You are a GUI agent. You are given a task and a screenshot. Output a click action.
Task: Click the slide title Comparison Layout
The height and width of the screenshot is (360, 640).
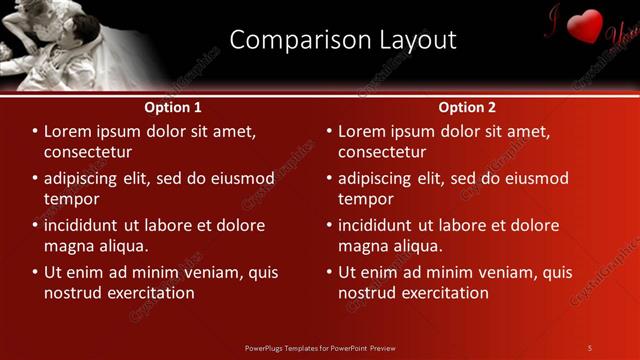343,40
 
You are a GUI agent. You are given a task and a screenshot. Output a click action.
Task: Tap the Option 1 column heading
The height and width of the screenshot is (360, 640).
173,107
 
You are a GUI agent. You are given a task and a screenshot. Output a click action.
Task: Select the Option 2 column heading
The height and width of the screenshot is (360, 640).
467,107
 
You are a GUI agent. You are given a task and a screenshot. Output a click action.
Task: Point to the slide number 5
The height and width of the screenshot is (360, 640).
590,348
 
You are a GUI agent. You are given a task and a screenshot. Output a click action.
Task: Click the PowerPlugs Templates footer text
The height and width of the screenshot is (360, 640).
320,348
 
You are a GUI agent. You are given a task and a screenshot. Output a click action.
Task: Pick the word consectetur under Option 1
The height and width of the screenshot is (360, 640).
88,152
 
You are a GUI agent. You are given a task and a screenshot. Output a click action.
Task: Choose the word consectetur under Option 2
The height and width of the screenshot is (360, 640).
382,152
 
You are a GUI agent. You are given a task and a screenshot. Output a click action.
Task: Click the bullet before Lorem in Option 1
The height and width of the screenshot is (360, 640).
34,131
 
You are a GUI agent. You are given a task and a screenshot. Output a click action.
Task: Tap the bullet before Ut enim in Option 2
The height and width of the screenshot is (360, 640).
328,272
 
